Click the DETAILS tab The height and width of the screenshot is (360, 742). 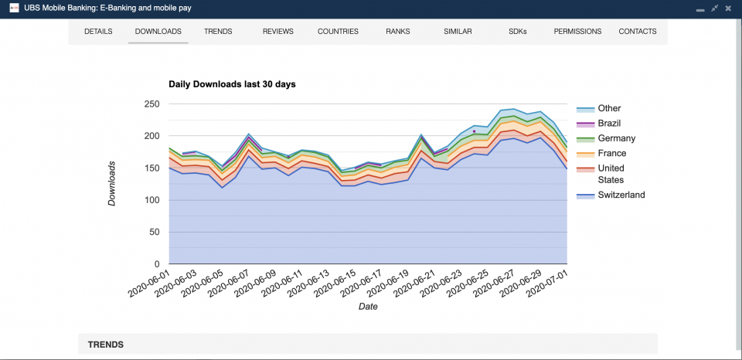(x=98, y=32)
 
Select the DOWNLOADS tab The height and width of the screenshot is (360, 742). (x=158, y=32)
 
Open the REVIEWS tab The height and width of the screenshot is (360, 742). (x=277, y=32)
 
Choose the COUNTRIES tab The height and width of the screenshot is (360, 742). (x=338, y=32)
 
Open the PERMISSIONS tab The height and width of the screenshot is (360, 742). (x=577, y=32)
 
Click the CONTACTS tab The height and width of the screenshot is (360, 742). (x=637, y=32)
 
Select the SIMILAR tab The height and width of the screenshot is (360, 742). (x=458, y=32)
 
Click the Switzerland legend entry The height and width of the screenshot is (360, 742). (x=621, y=195)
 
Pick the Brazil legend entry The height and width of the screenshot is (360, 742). (x=609, y=124)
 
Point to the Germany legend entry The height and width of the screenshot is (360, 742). (x=616, y=138)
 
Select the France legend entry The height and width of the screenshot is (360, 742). (x=611, y=154)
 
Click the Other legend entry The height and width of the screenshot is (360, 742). (x=609, y=109)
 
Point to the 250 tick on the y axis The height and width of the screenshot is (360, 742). (x=152, y=104)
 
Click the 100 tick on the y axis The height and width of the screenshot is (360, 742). (x=152, y=200)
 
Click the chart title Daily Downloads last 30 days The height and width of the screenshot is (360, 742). (x=232, y=84)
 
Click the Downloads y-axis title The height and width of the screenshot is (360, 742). (x=112, y=184)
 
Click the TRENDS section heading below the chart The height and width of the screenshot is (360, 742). (x=105, y=345)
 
